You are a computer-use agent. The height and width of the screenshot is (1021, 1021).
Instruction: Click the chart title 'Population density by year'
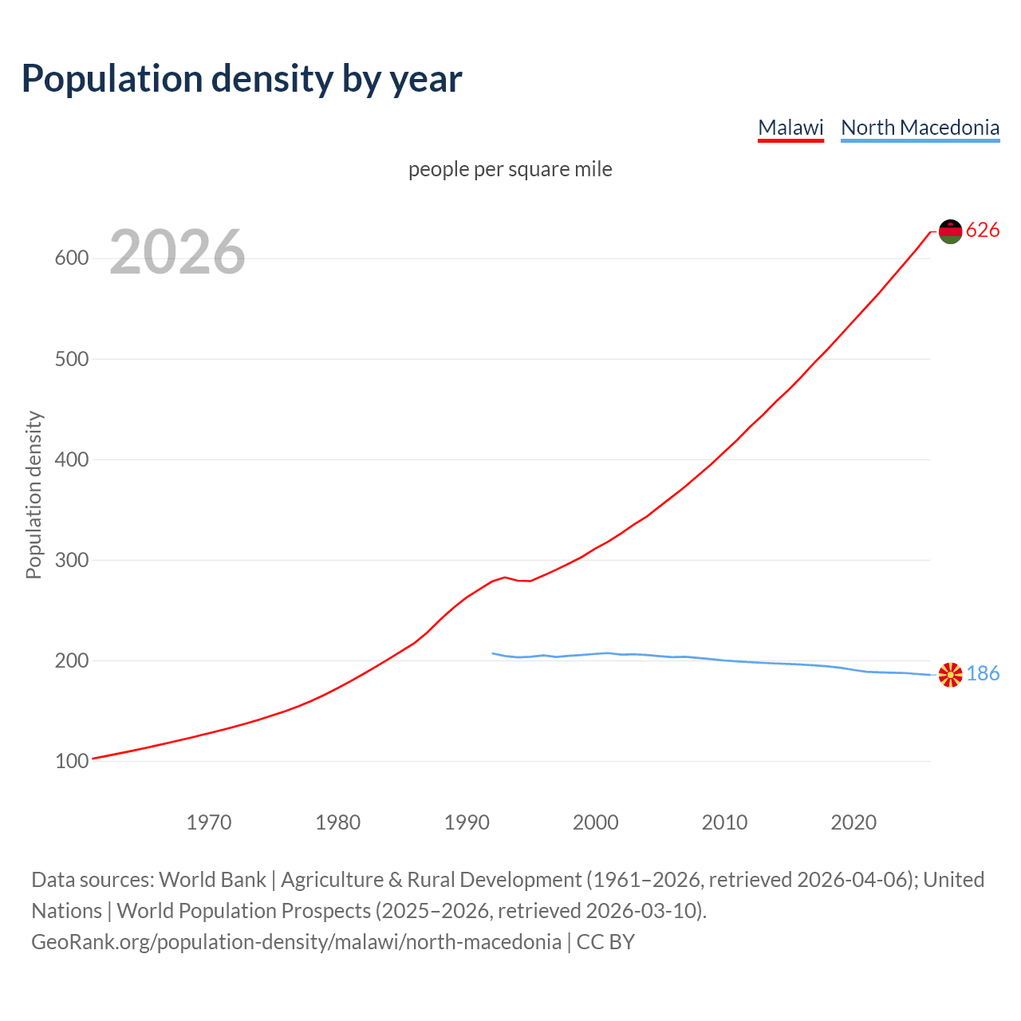[242, 78]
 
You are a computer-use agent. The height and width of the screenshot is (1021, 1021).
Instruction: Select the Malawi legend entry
[790, 128]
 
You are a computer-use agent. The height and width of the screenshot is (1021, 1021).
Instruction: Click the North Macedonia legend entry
[920, 128]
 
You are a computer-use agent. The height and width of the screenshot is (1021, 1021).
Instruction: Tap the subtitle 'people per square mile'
[510, 169]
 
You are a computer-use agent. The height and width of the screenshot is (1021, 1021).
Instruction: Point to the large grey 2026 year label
[177, 252]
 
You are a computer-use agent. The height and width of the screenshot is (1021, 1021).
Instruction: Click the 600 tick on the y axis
[71, 258]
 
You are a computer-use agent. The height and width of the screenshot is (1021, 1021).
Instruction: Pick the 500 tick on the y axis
[71, 359]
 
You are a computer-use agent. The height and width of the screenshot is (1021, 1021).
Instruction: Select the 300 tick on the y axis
[71, 560]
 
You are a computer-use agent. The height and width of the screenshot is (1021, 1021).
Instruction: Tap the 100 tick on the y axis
[71, 762]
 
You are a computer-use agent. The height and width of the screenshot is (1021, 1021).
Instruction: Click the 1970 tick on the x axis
[209, 822]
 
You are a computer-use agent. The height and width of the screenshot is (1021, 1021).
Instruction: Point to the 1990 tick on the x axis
[467, 822]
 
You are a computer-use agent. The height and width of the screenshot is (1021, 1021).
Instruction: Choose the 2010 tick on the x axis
[724, 822]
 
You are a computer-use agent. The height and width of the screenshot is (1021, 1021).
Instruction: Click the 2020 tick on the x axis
[853, 822]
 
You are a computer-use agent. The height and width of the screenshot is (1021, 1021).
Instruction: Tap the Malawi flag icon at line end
[950, 231]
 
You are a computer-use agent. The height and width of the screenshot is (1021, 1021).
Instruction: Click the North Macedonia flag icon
[950, 675]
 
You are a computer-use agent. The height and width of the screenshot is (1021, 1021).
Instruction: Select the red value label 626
[983, 231]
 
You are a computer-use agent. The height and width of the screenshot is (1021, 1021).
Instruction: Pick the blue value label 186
[983, 674]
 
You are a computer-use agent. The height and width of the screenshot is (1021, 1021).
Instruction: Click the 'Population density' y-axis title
[34, 495]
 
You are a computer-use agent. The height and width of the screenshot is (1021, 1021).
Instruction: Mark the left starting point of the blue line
[493, 653]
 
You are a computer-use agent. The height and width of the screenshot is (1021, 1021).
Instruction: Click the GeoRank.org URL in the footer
[296, 942]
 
